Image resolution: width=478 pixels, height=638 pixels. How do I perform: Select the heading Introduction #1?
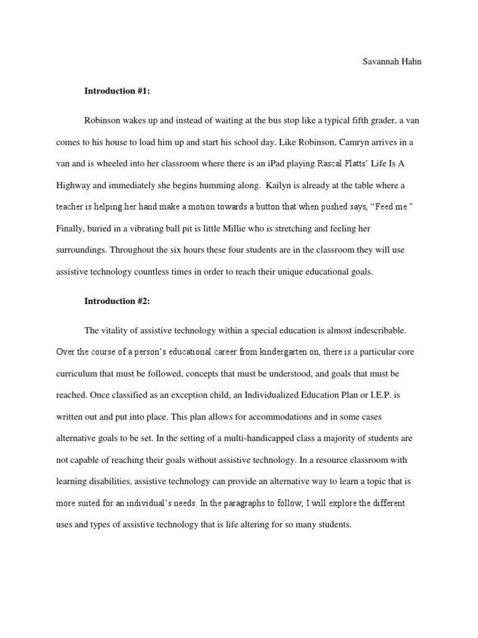coord(118,91)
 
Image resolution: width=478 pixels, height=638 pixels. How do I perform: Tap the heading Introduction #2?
coord(118,301)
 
